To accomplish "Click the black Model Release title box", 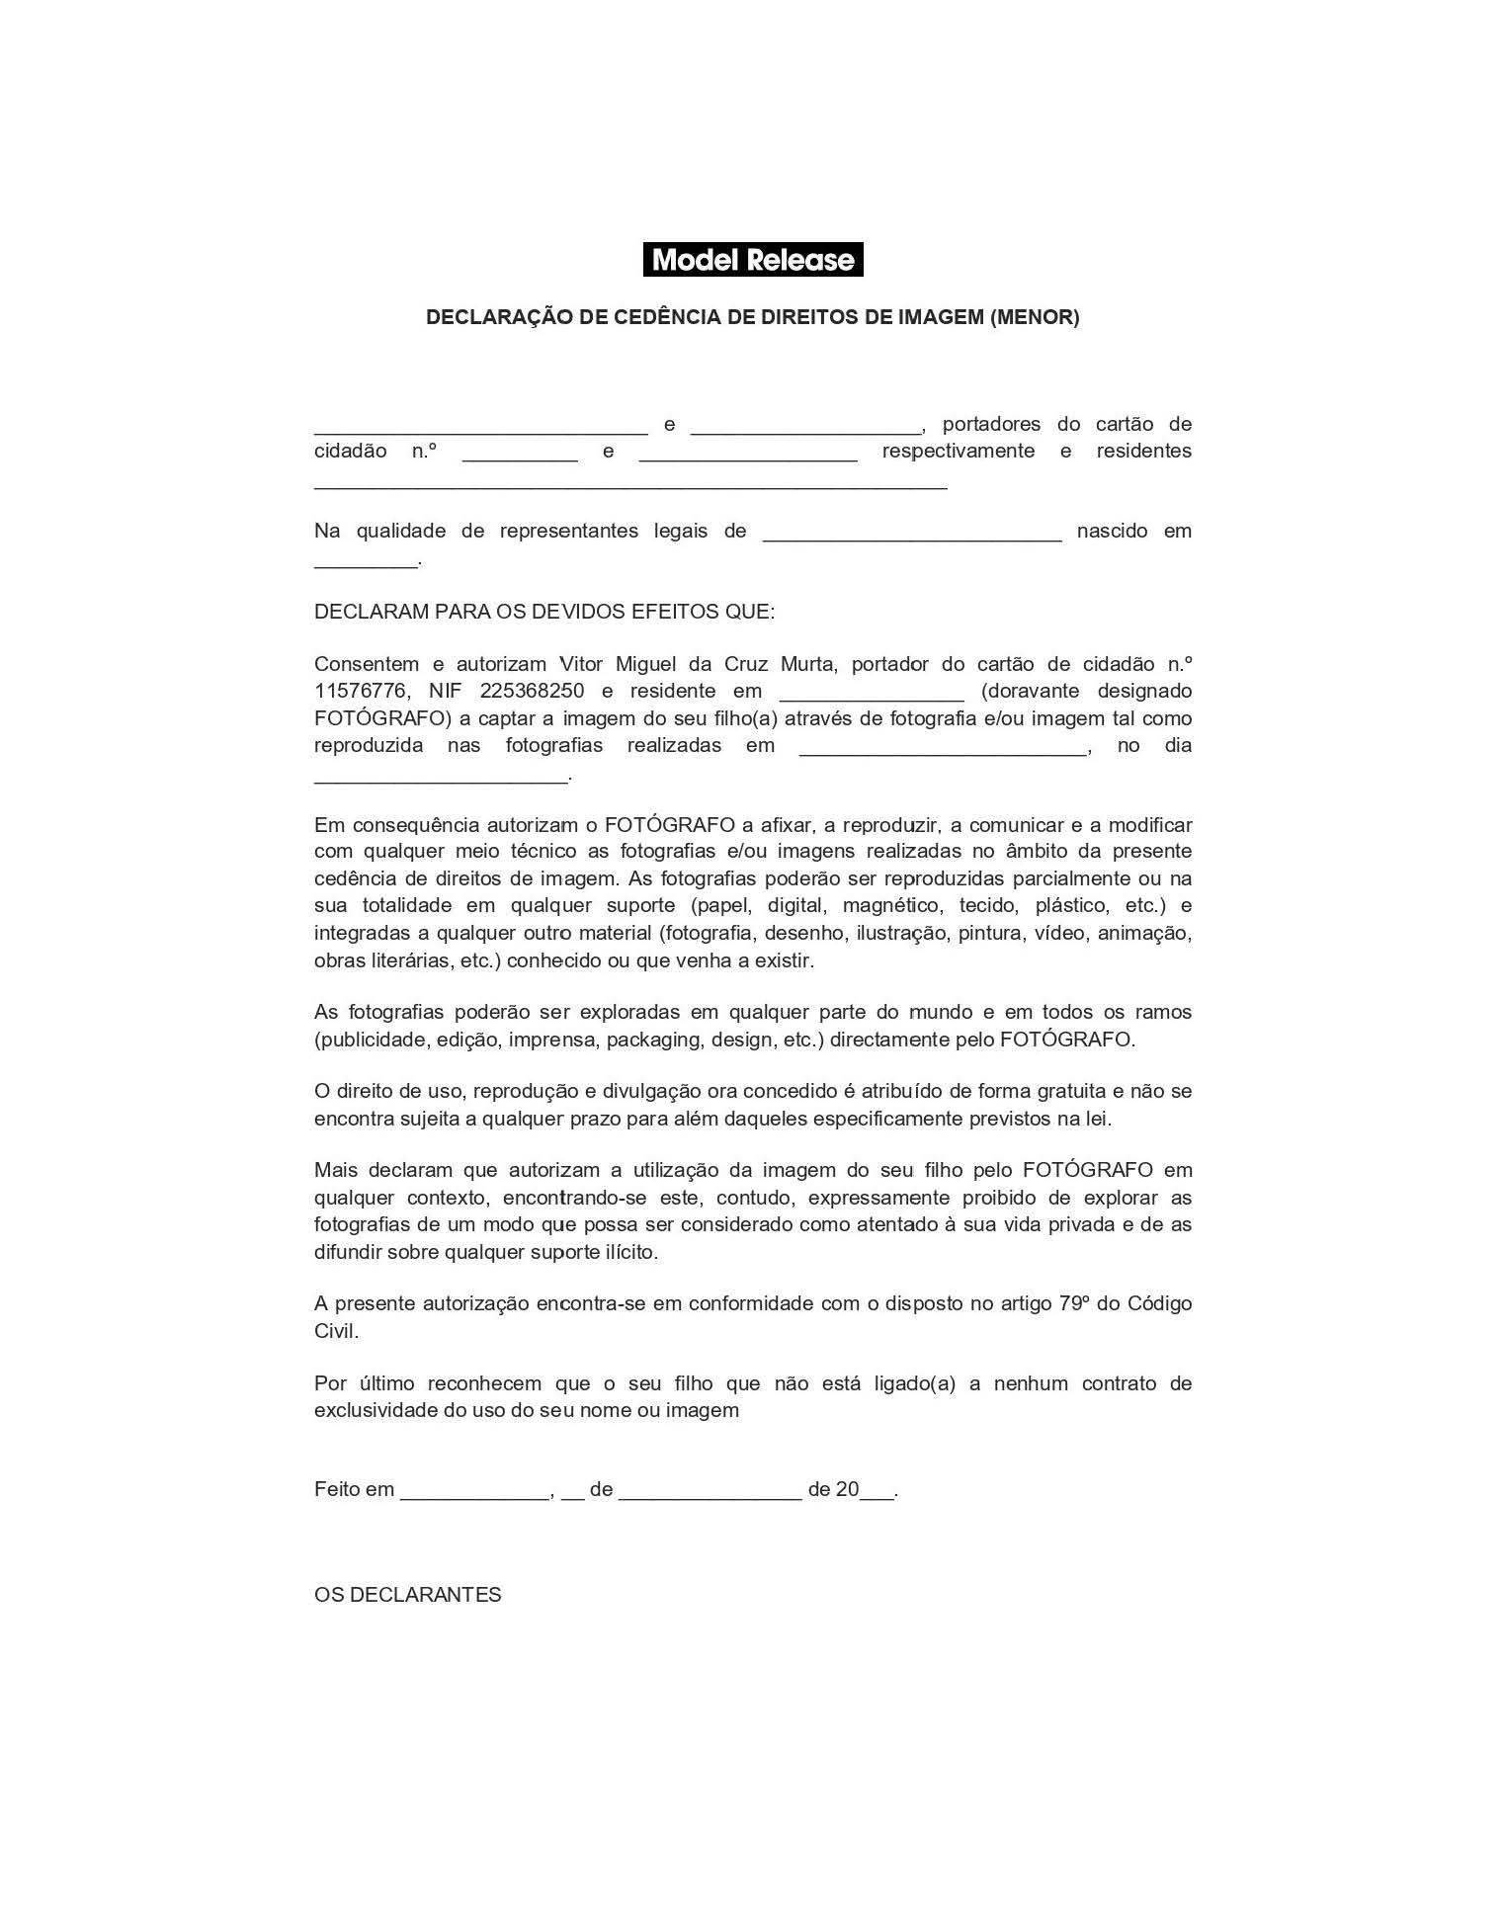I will click(753, 260).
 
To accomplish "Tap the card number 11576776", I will click(361, 691).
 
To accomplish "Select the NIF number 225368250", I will click(532, 691).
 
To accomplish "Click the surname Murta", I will click(807, 664).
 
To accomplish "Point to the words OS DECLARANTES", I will click(407, 1595).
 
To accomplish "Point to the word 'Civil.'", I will click(336, 1331).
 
